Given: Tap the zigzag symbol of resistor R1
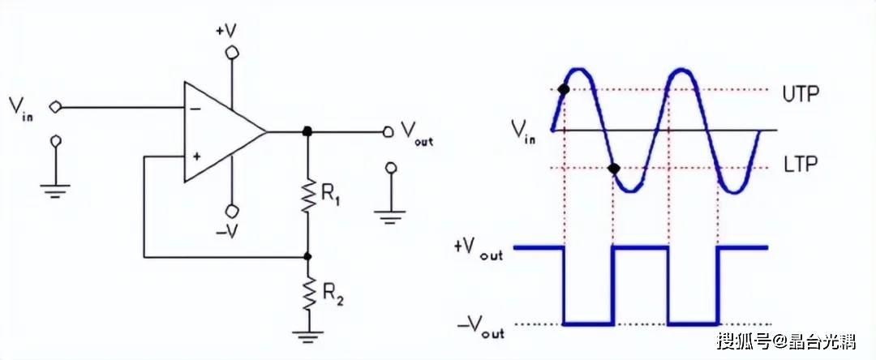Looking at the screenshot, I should pyautogui.click(x=308, y=194).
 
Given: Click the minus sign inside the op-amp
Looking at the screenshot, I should pyautogui.click(x=195, y=107).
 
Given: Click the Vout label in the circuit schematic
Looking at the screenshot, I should pyautogui.click(x=417, y=133).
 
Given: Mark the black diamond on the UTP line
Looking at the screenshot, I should pyautogui.click(x=563, y=89).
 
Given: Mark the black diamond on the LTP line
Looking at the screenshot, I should pyautogui.click(x=614, y=169).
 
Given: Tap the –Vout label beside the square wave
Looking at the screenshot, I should pyautogui.click(x=480, y=328).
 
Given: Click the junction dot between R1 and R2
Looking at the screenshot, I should pyautogui.click(x=308, y=256).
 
